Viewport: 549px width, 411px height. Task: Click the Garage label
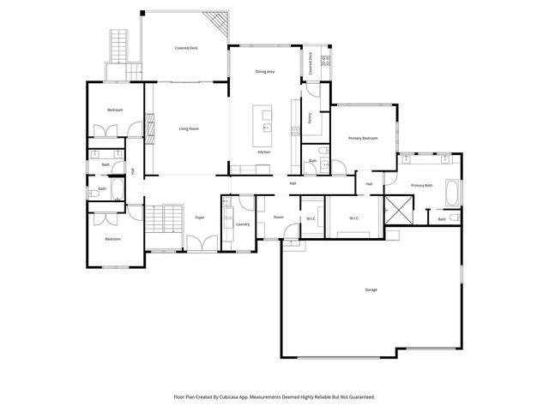point(371,289)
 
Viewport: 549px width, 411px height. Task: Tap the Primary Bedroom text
point(363,138)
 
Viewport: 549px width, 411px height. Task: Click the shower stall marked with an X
point(398,206)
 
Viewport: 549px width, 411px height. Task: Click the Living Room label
point(189,128)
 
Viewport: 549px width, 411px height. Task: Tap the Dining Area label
point(265,72)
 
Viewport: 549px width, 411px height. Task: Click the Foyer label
point(199,217)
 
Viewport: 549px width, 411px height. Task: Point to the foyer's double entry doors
point(200,248)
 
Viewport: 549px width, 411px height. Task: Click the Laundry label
point(242,224)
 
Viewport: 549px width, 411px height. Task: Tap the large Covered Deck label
point(187,49)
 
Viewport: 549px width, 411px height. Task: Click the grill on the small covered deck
point(325,61)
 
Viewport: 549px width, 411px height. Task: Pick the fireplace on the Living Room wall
point(149,128)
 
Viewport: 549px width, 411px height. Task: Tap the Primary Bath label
point(421,185)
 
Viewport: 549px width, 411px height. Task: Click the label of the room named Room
point(278,217)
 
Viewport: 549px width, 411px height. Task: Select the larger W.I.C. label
point(353,218)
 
